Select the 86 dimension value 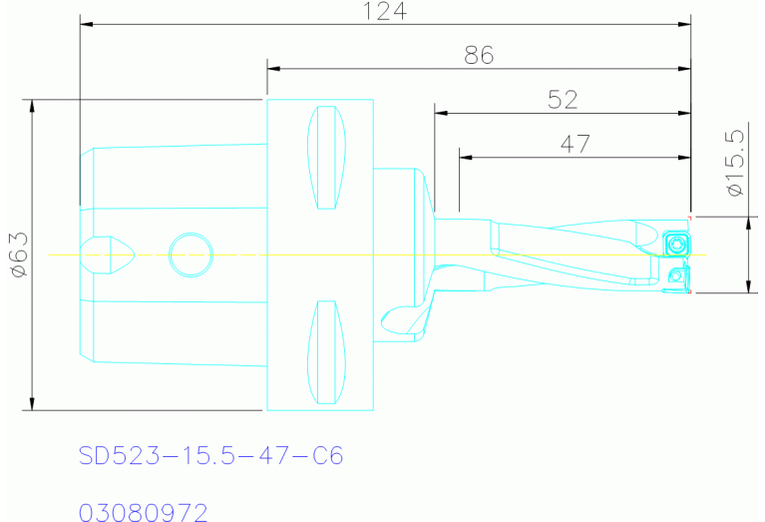pyautogui.click(x=479, y=56)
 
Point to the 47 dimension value pyautogui.click(x=574, y=144)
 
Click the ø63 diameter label pyautogui.click(x=17, y=254)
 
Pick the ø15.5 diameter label pyautogui.click(x=736, y=162)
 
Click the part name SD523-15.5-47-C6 pyautogui.click(x=210, y=456)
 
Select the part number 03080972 pyautogui.click(x=144, y=513)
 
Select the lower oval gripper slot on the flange pyautogui.click(x=326, y=353)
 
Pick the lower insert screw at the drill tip pyautogui.click(x=678, y=275)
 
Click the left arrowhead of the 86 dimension pyautogui.click(x=272, y=68)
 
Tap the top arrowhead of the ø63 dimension pyautogui.click(x=33, y=105)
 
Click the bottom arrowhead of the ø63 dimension pyautogui.click(x=33, y=403)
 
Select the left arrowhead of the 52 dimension pyautogui.click(x=439, y=112)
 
